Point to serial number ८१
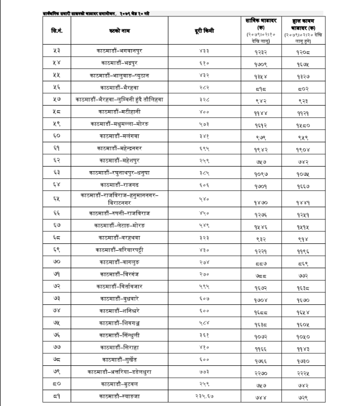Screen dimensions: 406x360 [x=57, y=398]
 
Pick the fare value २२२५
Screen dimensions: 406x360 [x=318, y=372]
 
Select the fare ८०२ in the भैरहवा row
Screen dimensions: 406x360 [x=318, y=88]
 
